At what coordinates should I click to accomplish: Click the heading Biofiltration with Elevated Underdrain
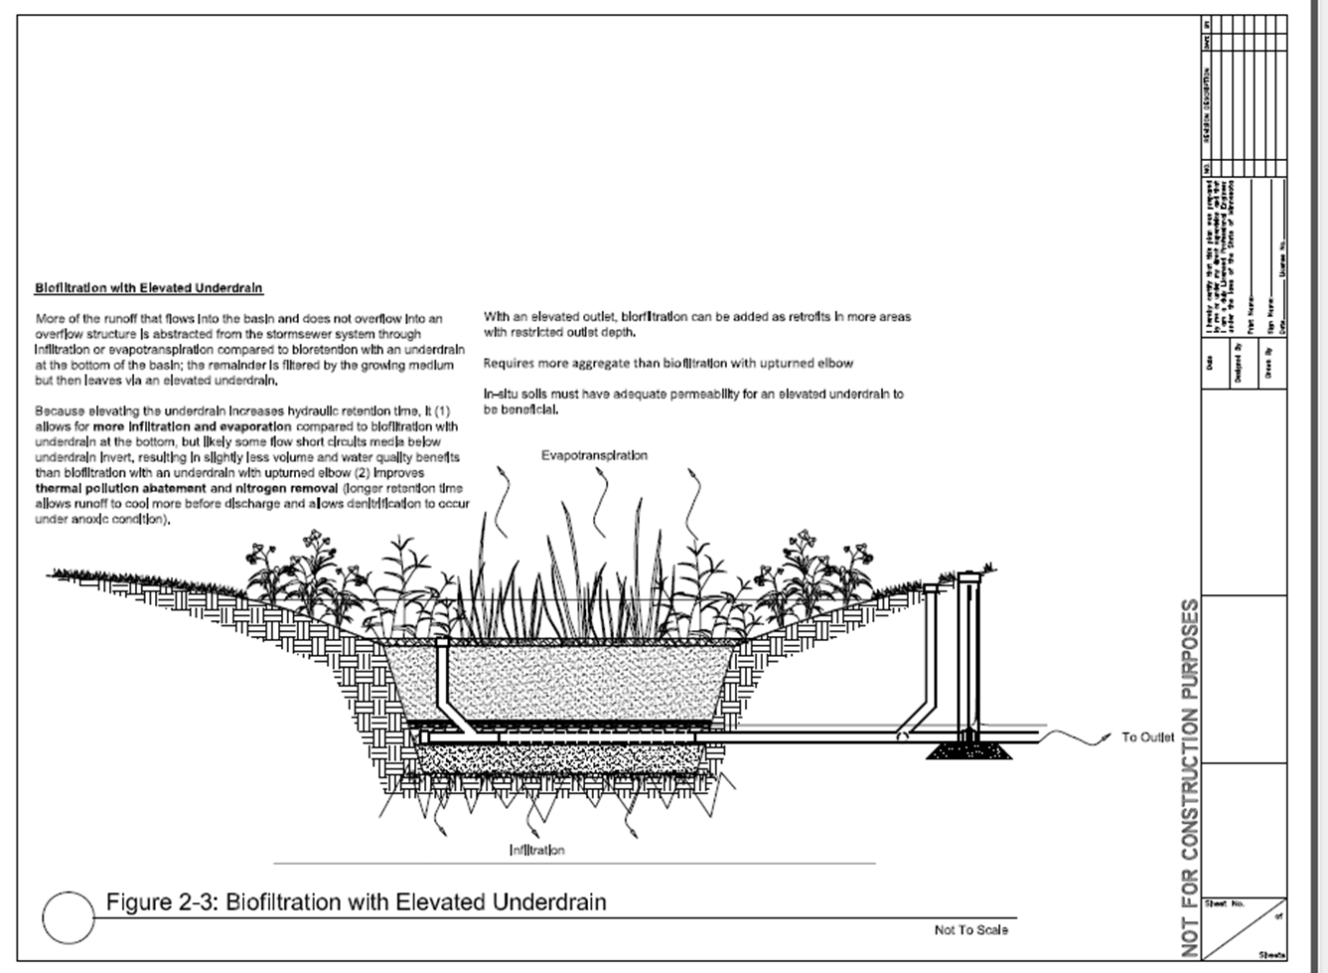[x=149, y=288]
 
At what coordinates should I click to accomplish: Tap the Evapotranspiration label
[x=594, y=455]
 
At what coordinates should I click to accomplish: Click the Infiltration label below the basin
[x=536, y=850]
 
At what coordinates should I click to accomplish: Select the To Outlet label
[x=1147, y=737]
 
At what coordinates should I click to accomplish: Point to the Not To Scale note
[x=970, y=930]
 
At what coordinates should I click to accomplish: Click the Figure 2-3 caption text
[x=356, y=902]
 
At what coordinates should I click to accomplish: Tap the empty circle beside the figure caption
[x=68, y=915]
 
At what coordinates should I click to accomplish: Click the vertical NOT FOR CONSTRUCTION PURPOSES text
[x=1189, y=775]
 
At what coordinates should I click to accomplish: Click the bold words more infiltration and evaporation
[x=199, y=426]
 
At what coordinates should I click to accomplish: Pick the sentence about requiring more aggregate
[x=668, y=364]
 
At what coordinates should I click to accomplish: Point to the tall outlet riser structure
[x=970, y=656]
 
